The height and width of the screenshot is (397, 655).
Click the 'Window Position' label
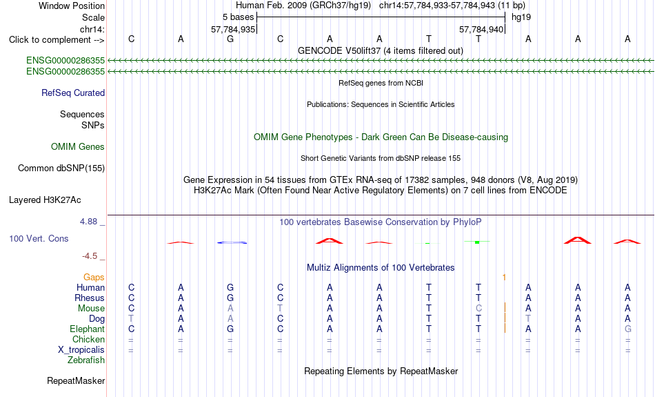click(x=72, y=6)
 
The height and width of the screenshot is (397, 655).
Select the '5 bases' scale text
click(x=238, y=17)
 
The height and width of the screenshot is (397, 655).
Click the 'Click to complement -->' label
click(x=57, y=40)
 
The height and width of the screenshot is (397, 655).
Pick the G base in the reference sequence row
click(x=230, y=39)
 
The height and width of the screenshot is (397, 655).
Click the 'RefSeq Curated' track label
click(x=73, y=93)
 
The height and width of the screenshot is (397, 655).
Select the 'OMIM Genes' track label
click(x=78, y=147)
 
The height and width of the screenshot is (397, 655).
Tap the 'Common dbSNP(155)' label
click(x=61, y=168)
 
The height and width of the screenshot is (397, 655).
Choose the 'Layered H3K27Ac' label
click(x=45, y=200)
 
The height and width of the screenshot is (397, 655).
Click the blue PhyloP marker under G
click(x=232, y=242)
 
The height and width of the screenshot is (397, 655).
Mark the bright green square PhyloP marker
click(x=477, y=242)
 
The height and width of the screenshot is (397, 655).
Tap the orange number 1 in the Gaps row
click(x=504, y=278)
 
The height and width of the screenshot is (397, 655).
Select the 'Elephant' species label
click(x=88, y=329)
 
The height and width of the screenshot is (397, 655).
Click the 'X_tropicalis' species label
click(x=81, y=350)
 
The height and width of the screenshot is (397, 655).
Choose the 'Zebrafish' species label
click(x=86, y=360)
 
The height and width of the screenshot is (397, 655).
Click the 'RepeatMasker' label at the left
click(x=76, y=381)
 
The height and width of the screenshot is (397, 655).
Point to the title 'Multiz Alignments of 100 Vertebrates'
click(x=381, y=268)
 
